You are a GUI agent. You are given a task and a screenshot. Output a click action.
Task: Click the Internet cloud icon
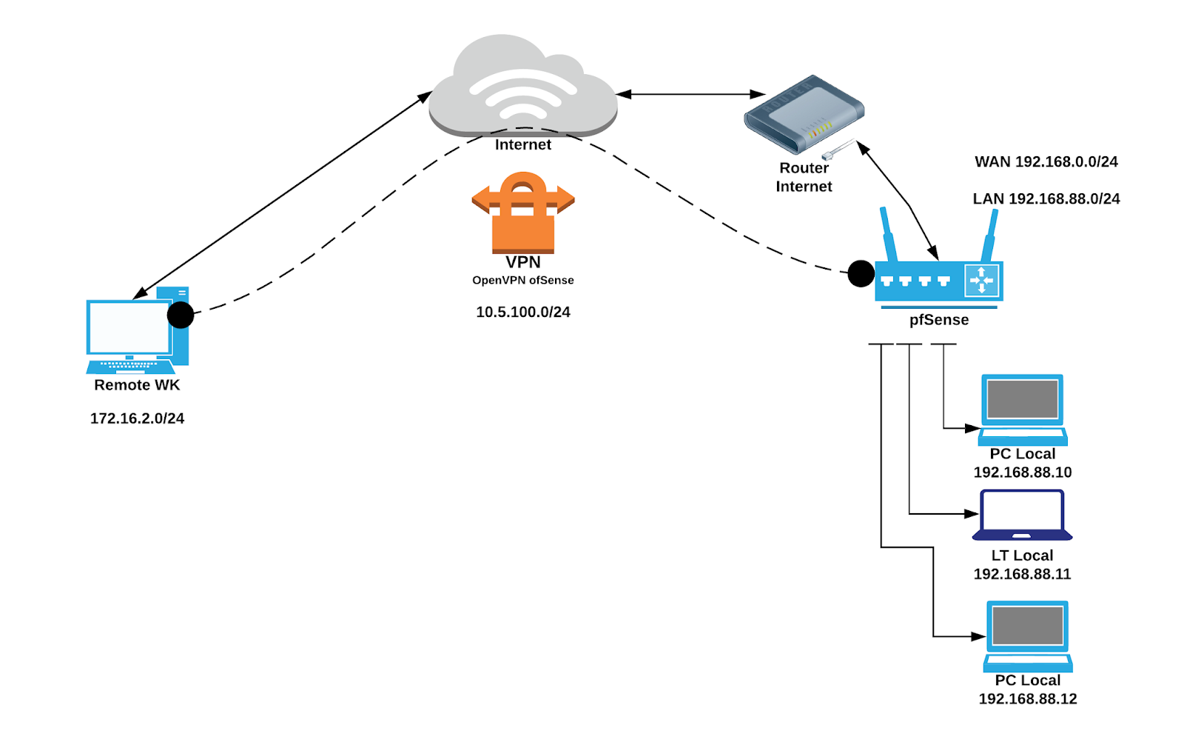(x=522, y=85)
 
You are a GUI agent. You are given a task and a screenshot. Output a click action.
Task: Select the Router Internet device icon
(x=804, y=112)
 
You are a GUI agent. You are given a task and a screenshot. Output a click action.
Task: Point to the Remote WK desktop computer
(x=137, y=330)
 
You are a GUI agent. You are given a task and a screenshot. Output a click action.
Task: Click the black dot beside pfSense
(x=861, y=273)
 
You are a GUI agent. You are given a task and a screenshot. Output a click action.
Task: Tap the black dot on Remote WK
(x=181, y=315)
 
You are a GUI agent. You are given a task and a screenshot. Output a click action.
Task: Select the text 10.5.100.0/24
(x=522, y=313)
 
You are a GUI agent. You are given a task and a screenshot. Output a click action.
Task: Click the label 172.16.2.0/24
(x=137, y=418)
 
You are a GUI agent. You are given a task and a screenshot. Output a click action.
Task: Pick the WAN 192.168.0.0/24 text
(x=1046, y=162)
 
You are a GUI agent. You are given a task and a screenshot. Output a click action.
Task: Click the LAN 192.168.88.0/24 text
(x=1046, y=199)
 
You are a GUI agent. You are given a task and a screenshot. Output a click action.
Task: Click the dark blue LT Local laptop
(x=1022, y=515)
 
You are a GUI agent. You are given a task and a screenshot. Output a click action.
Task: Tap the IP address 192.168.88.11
(x=1022, y=574)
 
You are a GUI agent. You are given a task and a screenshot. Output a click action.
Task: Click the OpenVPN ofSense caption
(x=522, y=281)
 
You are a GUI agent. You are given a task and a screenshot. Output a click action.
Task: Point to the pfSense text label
(x=938, y=320)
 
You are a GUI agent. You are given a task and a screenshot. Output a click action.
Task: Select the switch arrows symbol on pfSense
(x=982, y=281)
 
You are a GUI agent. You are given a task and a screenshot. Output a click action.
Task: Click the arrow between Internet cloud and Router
(x=690, y=94)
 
